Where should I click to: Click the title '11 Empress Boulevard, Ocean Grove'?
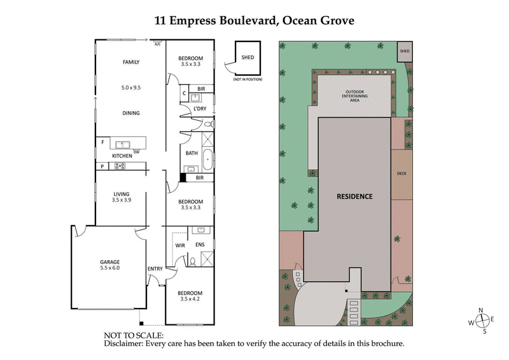click(x=254, y=20)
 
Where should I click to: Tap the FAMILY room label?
click(x=130, y=62)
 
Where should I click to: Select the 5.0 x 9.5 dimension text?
click(x=130, y=88)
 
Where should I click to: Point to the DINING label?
click(x=130, y=113)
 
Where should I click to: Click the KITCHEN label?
click(x=122, y=156)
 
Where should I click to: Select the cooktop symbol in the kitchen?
click(x=119, y=166)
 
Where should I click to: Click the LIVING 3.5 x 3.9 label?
click(x=121, y=198)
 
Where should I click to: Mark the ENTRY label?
click(x=155, y=269)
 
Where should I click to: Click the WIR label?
click(x=179, y=244)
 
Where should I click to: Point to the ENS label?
click(x=200, y=244)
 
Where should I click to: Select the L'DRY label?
click(x=200, y=109)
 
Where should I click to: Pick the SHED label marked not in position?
click(x=248, y=57)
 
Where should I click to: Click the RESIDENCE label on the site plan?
click(x=354, y=197)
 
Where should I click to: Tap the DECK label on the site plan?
click(x=401, y=172)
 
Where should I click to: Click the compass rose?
click(x=482, y=321)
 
